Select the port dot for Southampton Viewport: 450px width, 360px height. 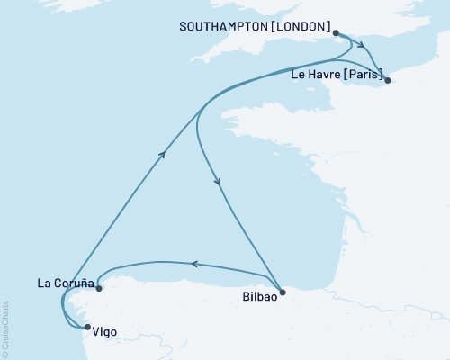[x=337, y=33]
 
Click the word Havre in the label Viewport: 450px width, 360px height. [x=325, y=75]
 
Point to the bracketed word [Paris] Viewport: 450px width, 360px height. [x=363, y=75]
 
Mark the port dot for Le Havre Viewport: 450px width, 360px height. [x=387, y=81]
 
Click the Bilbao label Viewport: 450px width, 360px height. [x=260, y=293]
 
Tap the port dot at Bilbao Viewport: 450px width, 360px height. [x=283, y=292]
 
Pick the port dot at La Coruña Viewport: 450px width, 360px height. [x=99, y=289]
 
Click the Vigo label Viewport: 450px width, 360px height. [x=104, y=332]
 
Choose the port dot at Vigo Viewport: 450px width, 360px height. [x=87, y=328]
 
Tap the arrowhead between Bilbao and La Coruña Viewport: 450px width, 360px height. [x=192, y=263]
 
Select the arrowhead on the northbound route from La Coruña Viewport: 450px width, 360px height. [x=162, y=155]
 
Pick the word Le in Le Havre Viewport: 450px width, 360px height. [x=299, y=75]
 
